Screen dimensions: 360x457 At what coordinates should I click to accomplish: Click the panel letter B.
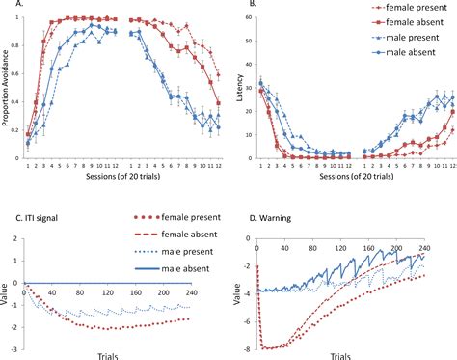tap(253, 6)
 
